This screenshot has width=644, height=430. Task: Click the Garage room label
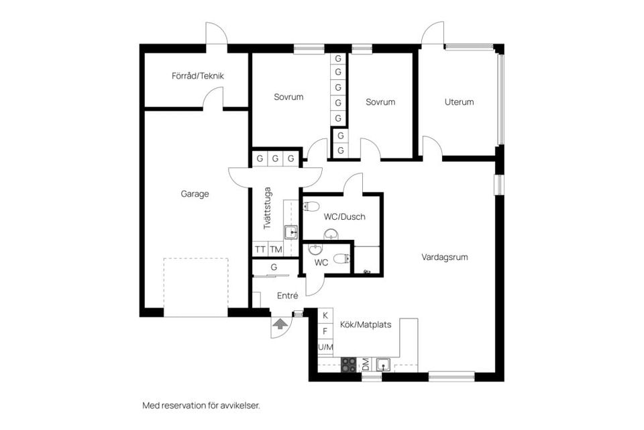click(195, 194)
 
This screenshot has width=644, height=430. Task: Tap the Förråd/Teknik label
click(198, 76)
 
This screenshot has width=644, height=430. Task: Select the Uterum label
click(459, 102)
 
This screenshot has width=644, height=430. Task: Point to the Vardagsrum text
click(444, 257)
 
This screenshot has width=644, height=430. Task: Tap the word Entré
click(287, 295)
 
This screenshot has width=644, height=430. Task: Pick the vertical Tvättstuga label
click(267, 208)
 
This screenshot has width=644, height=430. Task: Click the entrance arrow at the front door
click(280, 324)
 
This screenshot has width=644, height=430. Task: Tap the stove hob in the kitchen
click(349, 365)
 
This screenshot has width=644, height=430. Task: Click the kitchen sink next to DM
click(384, 365)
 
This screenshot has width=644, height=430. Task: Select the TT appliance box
click(260, 249)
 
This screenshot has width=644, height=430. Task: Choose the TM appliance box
click(276, 249)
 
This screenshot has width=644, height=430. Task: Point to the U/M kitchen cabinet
click(325, 347)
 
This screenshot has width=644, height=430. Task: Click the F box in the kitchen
click(325, 331)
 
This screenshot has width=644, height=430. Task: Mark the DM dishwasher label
click(366, 365)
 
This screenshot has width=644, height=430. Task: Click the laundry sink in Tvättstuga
click(290, 232)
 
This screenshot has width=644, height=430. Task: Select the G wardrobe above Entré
click(274, 267)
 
